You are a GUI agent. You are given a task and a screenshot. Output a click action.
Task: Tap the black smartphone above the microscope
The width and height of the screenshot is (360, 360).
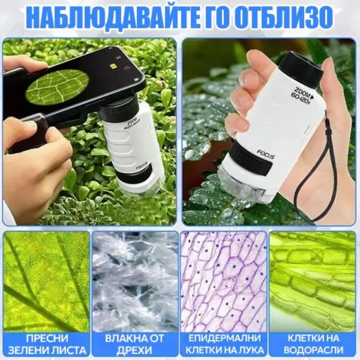click(x=72, y=84)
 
